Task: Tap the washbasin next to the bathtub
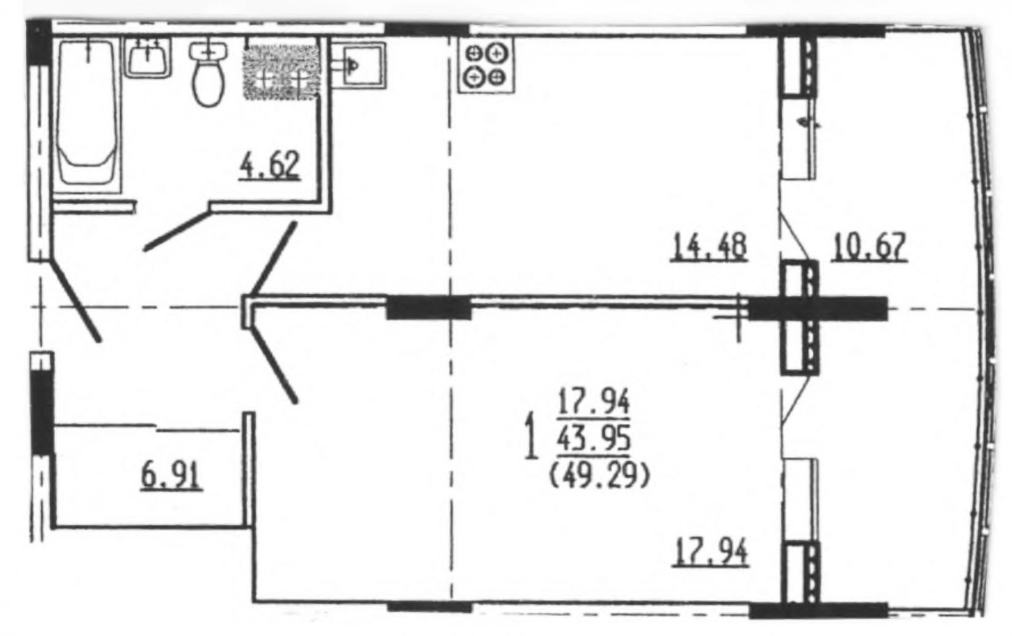click(x=147, y=58)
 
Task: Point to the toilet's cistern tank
click(x=209, y=50)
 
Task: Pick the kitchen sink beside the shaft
click(x=359, y=65)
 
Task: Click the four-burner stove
click(x=486, y=65)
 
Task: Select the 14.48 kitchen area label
click(x=709, y=247)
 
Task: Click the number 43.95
click(x=594, y=439)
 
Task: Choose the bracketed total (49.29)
click(x=599, y=477)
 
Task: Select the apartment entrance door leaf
click(x=75, y=301)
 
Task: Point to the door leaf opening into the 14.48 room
click(x=274, y=258)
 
